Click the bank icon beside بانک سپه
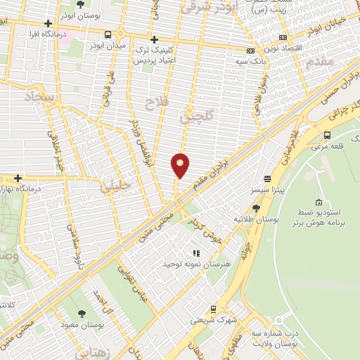pos(251,51)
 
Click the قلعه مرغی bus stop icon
pos(327,135)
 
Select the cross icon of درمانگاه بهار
pos(18,179)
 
